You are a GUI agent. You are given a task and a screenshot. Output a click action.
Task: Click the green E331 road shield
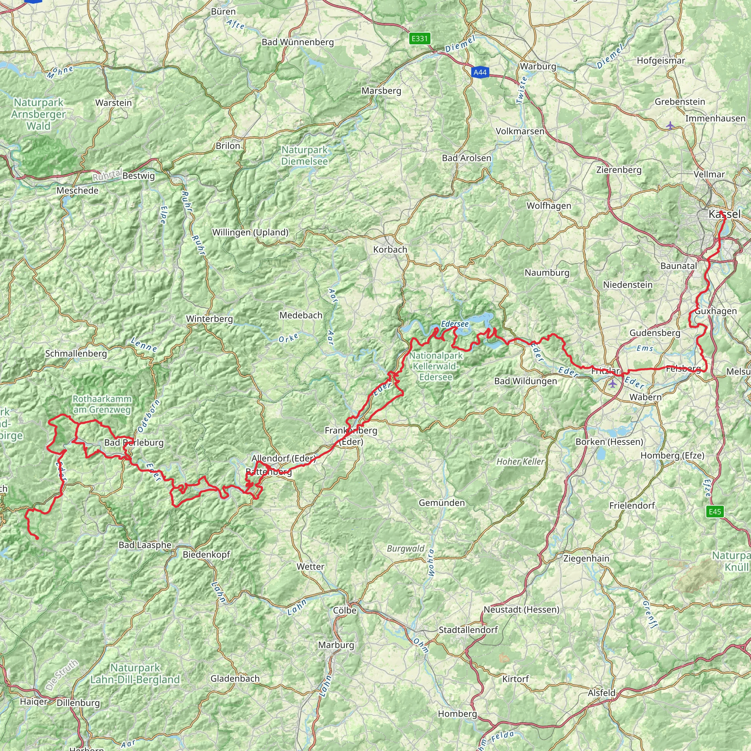[420, 39]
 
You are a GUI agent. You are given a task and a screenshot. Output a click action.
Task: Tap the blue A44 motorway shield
[480, 72]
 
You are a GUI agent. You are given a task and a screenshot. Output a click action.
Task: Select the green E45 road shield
[715, 512]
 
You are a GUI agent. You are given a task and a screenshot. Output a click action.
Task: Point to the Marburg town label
[336, 645]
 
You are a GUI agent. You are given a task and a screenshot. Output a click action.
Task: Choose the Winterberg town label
[209, 319]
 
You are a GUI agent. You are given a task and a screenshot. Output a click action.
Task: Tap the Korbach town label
[390, 250]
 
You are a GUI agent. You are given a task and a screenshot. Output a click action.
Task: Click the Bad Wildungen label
[525, 381]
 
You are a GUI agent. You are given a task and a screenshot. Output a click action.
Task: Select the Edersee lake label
[455, 324]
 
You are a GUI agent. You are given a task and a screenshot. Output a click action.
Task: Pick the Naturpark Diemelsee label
[305, 155]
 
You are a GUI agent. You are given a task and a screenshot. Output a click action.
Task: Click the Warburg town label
[538, 66]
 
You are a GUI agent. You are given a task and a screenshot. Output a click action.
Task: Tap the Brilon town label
[228, 146]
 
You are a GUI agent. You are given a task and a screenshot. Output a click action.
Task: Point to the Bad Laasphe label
[145, 545]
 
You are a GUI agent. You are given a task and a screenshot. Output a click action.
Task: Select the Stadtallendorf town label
[468, 630]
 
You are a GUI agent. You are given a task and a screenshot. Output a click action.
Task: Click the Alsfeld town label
[601, 693]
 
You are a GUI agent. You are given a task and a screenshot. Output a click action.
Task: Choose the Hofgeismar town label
[661, 61]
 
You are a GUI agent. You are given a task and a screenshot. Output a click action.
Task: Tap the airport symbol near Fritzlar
[613, 384]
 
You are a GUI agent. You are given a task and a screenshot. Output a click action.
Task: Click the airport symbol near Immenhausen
[670, 125]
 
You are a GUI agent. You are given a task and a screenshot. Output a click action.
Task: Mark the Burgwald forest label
[406, 549]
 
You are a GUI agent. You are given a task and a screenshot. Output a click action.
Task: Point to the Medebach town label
[301, 315]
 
